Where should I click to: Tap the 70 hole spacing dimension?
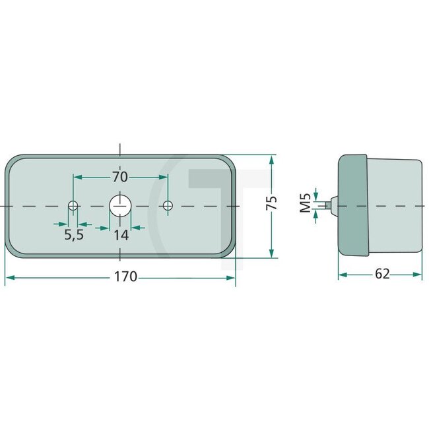tap(120, 177)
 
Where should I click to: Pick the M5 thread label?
tap(305, 203)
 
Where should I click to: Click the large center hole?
tap(120, 206)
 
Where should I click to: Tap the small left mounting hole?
tap(73, 206)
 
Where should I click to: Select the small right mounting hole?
tap(168, 206)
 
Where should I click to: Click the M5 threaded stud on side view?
tap(332, 204)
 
